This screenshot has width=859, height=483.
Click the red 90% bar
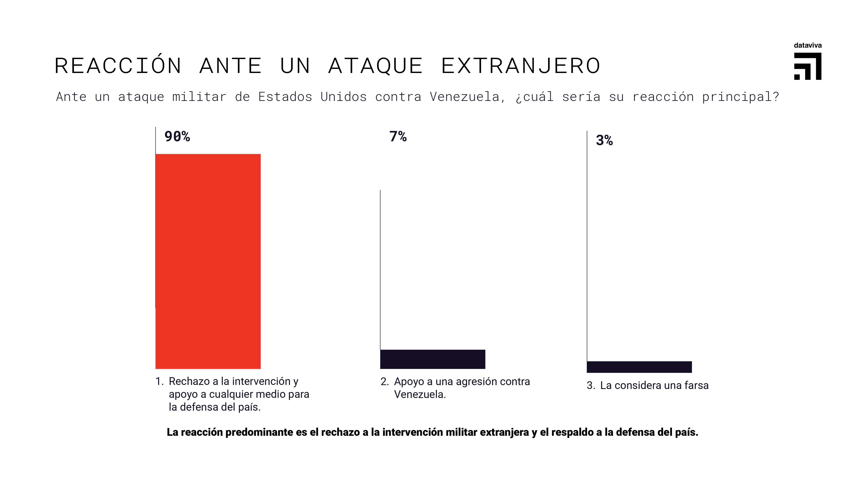click(x=208, y=261)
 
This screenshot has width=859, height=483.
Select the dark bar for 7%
click(x=433, y=359)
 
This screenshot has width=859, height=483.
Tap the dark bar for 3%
click(x=639, y=367)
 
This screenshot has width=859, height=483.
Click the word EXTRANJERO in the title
click(x=521, y=66)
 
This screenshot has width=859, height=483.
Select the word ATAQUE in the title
click(x=375, y=66)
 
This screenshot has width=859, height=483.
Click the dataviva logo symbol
click(x=808, y=66)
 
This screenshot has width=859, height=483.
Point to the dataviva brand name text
click(x=808, y=45)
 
